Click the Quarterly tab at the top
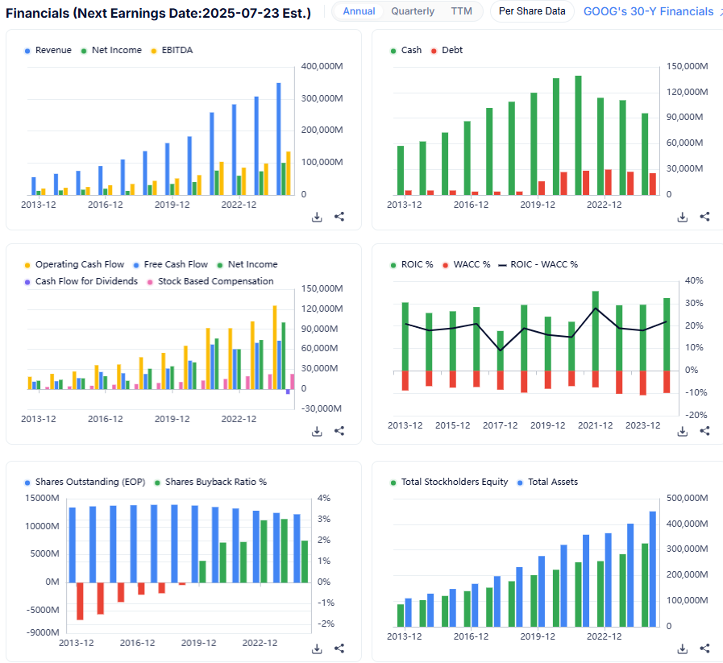(x=413, y=11)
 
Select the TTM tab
(x=462, y=11)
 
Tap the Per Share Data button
(x=532, y=11)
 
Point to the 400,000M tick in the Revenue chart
(x=321, y=66)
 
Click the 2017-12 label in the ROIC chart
(x=500, y=425)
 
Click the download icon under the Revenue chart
(x=317, y=217)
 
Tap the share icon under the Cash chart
(x=704, y=217)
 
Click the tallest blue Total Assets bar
(x=653, y=569)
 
